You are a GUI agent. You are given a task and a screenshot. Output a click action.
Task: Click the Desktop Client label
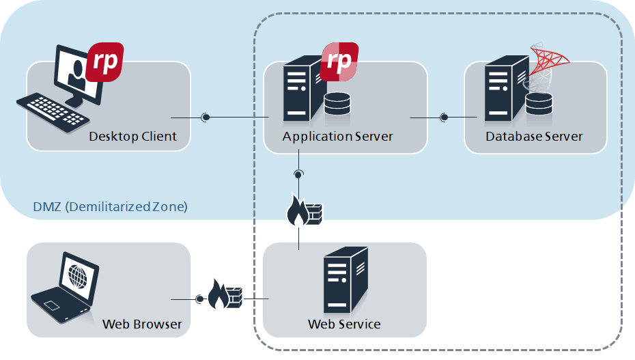pos(132,137)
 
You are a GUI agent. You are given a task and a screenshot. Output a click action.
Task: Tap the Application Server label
pos(337,137)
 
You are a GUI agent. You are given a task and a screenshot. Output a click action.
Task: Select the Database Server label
pos(534,137)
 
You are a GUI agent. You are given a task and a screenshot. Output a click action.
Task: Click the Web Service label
pos(344,324)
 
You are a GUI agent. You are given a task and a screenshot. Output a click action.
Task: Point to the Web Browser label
pos(142,324)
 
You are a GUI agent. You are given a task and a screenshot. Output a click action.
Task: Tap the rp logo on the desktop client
pos(107,61)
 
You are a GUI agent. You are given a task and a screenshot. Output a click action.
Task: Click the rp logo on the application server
pos(339,61)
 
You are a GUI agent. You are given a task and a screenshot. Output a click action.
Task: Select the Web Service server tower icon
pos(344,280)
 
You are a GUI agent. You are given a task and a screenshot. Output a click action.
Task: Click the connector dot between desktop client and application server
pos(205,117)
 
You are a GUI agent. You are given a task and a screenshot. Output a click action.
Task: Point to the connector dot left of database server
pos(444,117)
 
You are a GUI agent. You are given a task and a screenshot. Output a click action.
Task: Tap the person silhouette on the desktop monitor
pos(76,71)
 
